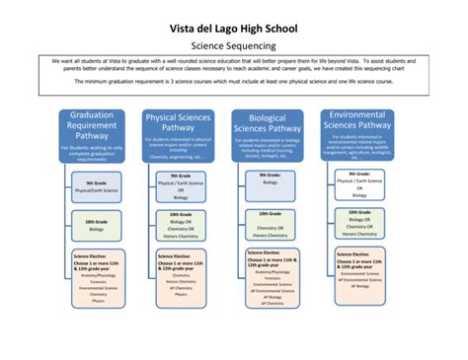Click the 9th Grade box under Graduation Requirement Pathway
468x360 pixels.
[96, 187]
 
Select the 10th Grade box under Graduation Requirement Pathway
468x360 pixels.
[96, 226]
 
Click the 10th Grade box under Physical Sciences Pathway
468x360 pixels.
[181, 226]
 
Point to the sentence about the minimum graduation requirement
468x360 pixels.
[233, 81]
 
